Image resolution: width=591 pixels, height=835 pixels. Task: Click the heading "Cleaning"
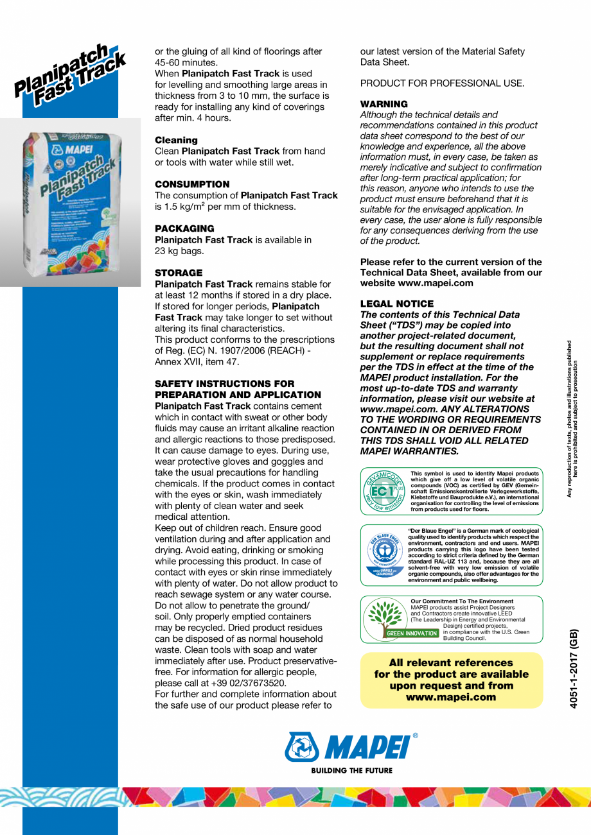(x=177, y=140)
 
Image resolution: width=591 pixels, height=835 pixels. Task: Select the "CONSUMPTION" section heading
(x=192, y=184)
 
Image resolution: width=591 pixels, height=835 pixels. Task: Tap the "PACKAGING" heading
(x=186, y=228)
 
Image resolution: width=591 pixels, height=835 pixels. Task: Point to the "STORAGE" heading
(x=179, y=273)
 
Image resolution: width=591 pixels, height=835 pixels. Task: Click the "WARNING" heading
(x=384, y=104)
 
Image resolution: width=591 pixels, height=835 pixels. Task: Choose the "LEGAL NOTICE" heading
(x=396, y=304)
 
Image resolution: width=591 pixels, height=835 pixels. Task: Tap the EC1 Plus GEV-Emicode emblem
(x=384, y=491)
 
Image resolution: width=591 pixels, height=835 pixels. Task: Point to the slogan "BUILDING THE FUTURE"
(x=351, y=770)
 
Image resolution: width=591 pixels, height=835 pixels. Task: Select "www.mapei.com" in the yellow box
(x=451, y=697)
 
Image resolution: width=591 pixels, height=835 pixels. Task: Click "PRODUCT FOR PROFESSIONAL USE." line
(x=442, y=83)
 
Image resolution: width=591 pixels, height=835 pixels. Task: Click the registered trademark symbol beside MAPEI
(x=415, y=736)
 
